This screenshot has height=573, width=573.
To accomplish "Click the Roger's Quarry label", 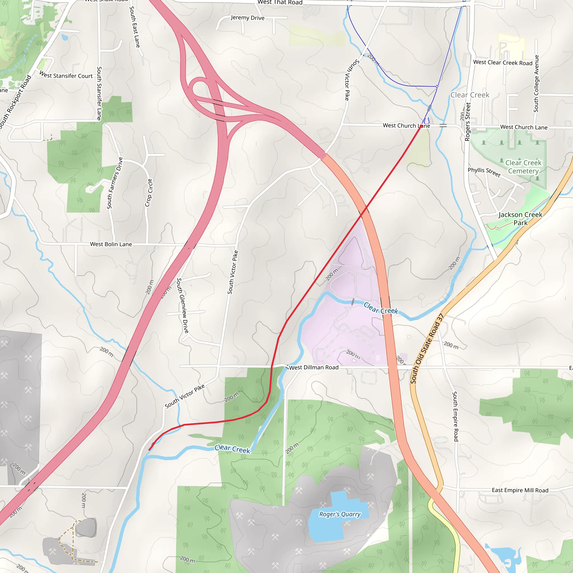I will [x=340, y=514].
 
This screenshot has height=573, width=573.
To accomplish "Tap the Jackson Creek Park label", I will [x=520, y=219].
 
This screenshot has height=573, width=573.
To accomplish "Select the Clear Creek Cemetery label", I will [x=523, y=167].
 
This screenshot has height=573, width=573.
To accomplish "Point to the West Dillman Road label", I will [x=314, y=367].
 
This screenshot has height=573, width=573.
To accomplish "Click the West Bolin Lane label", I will [x=111, y=244].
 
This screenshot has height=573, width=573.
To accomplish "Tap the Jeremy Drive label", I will [x=248, y=18].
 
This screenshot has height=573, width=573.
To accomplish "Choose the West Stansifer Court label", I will [x=66, y=75].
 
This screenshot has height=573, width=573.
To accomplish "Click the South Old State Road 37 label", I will [x=426, y=349].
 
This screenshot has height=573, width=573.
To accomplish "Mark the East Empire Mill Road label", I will [x=520, y=490].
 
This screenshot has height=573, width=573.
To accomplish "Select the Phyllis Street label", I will [x=484, y=172].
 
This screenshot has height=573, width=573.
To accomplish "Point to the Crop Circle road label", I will [x=149, y=192].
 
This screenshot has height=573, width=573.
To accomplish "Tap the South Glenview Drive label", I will [x=182, y=306].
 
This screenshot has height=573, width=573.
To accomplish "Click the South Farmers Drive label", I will [x=115, y=183].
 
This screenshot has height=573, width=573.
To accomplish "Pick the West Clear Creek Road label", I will [x=503, y=63].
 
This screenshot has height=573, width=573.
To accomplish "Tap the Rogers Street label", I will [x=468, y=122].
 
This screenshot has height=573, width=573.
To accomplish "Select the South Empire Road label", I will [x=455, y=416].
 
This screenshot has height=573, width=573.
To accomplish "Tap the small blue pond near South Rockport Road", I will [x=65, y=37].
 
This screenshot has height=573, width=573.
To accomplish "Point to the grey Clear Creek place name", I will [x=470, y=95].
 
